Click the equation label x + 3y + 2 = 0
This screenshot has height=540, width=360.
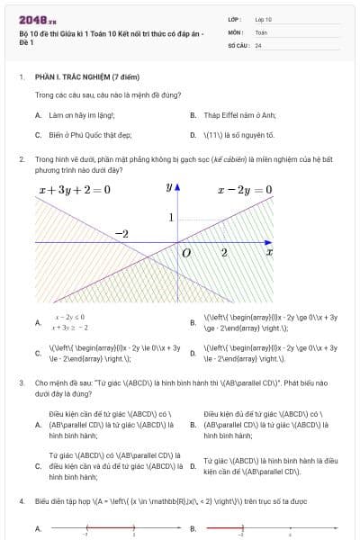(x=75, y=190)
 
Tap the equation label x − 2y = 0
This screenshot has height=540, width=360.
(x=245, y=190)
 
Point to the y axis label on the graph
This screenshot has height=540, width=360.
(x=169, y=187)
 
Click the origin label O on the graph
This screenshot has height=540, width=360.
(x=186, y=255)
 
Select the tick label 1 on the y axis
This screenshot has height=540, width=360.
(x=171, y=218)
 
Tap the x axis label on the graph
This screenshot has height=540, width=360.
(x=268, y=254)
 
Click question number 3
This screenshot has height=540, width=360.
(x=21, y=382)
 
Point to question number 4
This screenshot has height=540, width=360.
(x=21, y=499)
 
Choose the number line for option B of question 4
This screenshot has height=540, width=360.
(x=261, y=528)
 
